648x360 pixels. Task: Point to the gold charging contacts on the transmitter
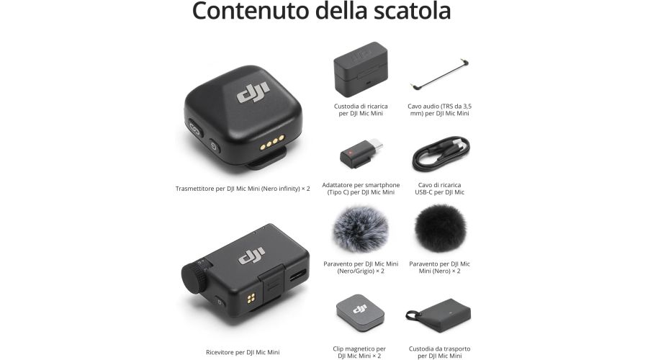pyautogui.click(x=269, y=144)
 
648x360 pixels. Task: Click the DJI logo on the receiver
pyautogui.click(x=251, y=255)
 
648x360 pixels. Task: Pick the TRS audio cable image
pyautogui.click(x=439, y=76)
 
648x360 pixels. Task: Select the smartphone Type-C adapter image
pyautogui.click(x=360, y=153)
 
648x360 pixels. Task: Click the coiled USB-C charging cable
pyautogui.click(x=439, y=152)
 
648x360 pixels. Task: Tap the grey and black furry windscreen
pyautogui.click(x=360, y=229)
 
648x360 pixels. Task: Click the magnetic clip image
pyautogui.click(x=360, y=312)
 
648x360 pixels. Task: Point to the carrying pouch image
pyautogui.click(x=439, y=311)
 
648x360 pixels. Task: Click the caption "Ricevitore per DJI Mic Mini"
pyautogui.click(x=243, y=352)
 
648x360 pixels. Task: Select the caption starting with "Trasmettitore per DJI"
pyautogui.click(x=243, y=189)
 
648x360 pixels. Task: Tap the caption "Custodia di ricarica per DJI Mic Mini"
pyautogui.click(x=360, y=109)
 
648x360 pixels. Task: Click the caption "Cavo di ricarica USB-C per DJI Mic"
pyautogui.click(x=439, y=189)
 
